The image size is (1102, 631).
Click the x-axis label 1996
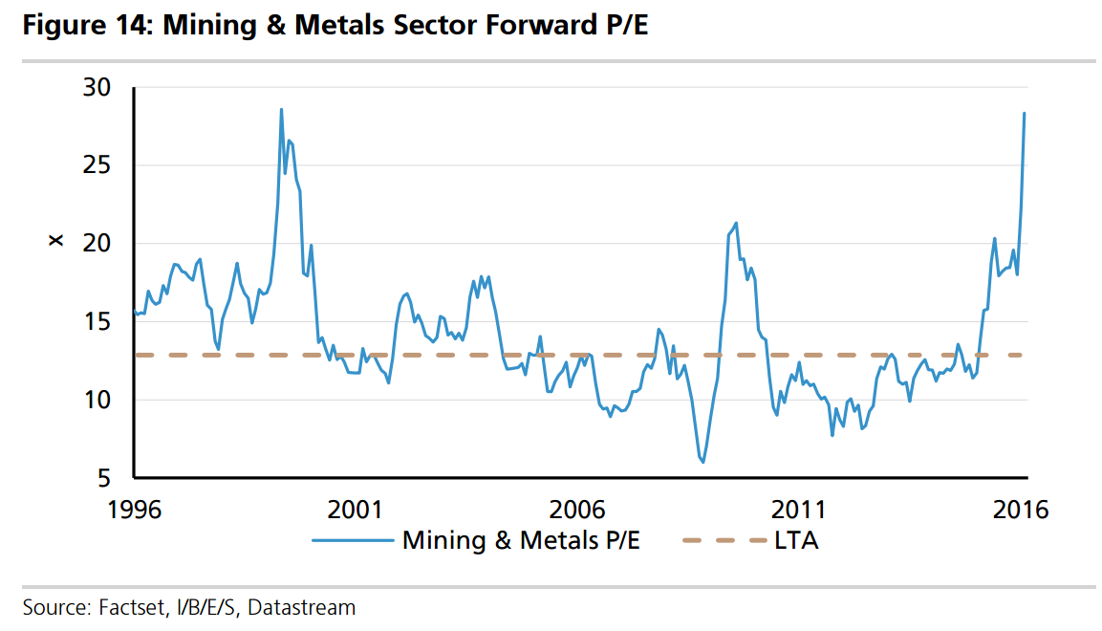[x=134, y=509]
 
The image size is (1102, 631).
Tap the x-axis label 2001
[x=356, y=509]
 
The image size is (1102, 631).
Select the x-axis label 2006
[x=579, y=509]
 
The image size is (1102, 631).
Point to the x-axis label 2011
[x=802, y=509]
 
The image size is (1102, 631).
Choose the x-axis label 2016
[x=1023, y=509]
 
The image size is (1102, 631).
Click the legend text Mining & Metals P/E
[x=521, y=541]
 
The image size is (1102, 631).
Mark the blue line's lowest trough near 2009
[x=703, y=462]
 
